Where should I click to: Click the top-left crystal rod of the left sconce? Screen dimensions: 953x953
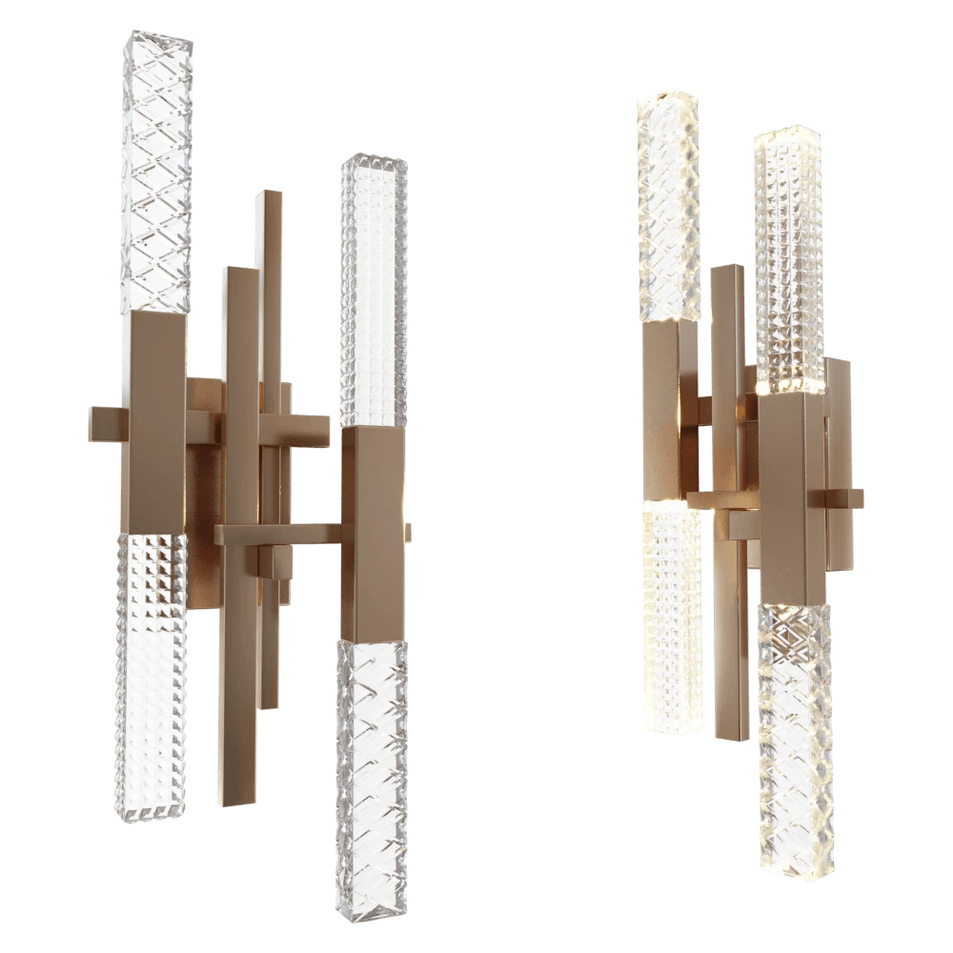pos(156,172)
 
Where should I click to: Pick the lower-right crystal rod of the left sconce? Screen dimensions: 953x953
pos(373,762)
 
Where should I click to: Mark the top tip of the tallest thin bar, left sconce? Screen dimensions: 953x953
pos(270,200)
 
